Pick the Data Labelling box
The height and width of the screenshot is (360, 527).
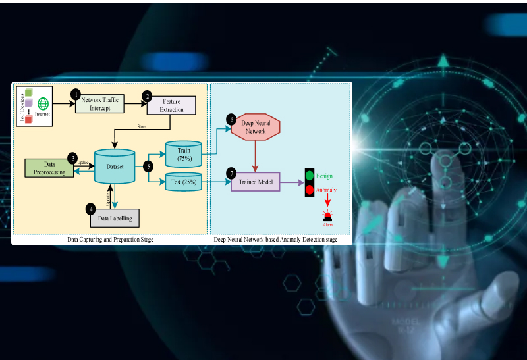[115, 217]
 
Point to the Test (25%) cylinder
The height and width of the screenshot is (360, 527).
[184, 182]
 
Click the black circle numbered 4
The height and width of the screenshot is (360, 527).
[91, 209]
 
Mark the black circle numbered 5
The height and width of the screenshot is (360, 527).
[148, 167]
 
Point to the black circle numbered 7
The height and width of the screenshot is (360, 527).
[231, 172]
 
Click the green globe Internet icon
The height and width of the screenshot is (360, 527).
[43, 103]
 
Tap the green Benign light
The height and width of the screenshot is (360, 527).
[309, 176]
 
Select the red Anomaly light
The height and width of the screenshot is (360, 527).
[309, 190]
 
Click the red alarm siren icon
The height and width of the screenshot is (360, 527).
[327, 215]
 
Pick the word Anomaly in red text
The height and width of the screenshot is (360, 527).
[326, 190]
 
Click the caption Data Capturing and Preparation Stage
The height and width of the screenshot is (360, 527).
[111, 240]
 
